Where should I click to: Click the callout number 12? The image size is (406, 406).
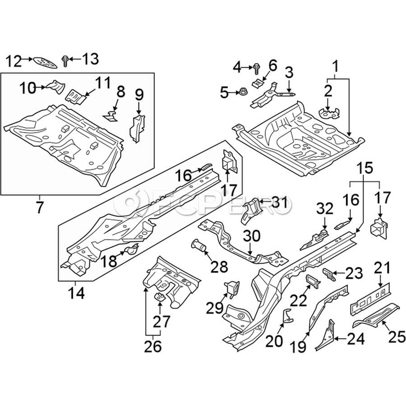(14, 60)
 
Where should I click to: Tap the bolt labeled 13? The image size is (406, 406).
(65, 60)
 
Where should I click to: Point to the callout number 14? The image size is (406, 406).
(76, 293)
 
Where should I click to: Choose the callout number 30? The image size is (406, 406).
(252, 236)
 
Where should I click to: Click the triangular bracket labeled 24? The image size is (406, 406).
(326, 336)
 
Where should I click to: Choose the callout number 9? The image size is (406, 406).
(139, 96)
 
